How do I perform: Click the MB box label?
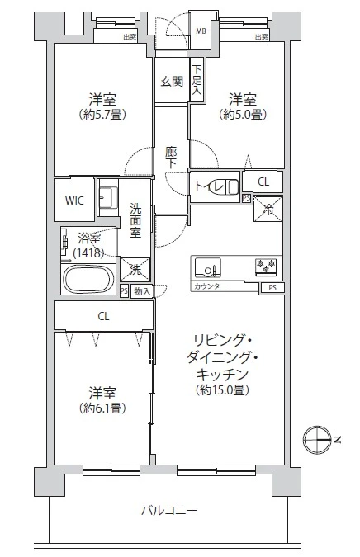point(201,32)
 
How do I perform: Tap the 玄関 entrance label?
point(173,81)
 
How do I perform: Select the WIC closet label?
point(74,200)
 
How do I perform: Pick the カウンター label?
point(210,286)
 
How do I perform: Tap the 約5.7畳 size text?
point(103,114)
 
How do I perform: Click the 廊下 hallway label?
point(171,157)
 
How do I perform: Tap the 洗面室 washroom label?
point(135,220)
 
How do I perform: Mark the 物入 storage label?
point(141,291)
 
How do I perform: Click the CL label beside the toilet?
point(263,182)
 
